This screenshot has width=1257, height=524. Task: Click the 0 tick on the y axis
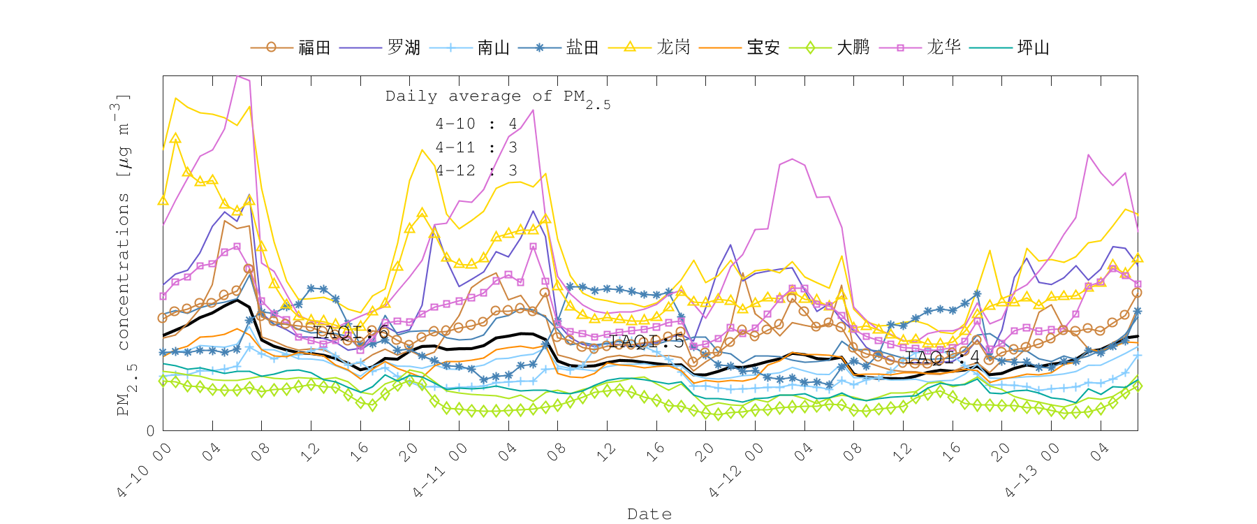tap(151, 431)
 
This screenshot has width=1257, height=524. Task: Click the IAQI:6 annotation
tap(351, 333)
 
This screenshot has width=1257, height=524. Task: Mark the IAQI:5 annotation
tap(647, 342)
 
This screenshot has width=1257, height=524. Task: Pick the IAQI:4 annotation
tap(943, 358)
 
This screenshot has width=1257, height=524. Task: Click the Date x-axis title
tap(649, 514)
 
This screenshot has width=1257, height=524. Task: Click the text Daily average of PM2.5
tap(497, 98)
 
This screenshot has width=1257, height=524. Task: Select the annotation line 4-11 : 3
tap(476, 147)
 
